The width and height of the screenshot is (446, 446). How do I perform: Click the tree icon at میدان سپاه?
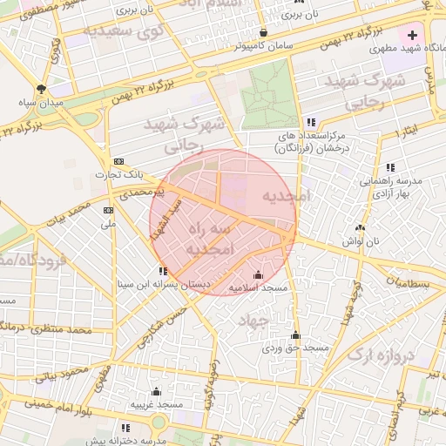point(41,90)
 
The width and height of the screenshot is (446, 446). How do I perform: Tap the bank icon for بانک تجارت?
point(119,161)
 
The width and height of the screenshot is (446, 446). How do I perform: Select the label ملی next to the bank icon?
point(109,224)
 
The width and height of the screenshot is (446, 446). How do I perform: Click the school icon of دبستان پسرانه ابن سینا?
point(163,271)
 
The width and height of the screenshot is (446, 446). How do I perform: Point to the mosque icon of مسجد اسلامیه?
point(258,275)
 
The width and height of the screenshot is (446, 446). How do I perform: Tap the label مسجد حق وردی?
point(295,348)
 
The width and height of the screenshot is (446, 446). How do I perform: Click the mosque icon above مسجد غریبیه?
point(156,391)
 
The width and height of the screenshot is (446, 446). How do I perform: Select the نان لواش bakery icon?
point(359,227)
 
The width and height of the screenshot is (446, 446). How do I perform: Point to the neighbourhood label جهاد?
point(253,321)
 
